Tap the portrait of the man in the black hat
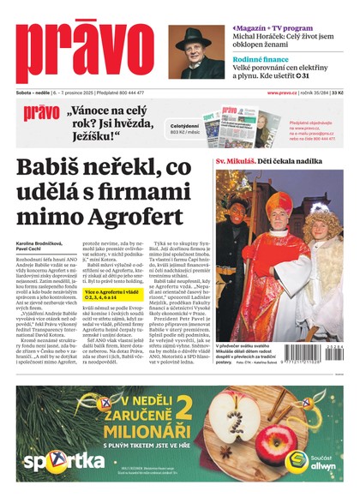(196, 52)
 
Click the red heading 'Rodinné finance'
(261, 59)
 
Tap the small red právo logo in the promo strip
(40, 112)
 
